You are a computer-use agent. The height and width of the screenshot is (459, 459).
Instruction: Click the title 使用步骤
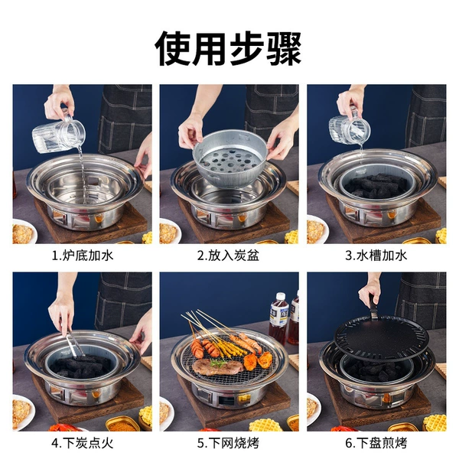click(x=228, y=49)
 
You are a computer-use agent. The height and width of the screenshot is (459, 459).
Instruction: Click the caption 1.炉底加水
click(x=83, y=256)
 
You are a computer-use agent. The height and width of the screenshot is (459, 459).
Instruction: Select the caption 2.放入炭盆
click(x=228, y=256)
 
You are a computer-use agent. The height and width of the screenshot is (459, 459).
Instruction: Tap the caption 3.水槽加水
click(x=376, y=256)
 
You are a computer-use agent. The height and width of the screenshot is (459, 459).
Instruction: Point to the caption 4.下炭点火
click(x=83, y=443)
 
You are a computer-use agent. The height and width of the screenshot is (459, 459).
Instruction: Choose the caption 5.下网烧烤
click(x=228, y=443)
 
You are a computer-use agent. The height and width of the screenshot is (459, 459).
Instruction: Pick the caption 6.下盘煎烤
click(x=376, y=443)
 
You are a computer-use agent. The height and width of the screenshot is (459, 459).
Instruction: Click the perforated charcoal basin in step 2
click(x=230, y=159)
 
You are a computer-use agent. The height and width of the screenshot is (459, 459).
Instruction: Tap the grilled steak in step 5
click(x=216, y=366)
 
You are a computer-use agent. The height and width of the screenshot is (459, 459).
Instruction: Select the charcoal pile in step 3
click(x=376, y=184)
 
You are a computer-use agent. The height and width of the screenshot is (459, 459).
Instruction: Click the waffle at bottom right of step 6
click(x=435, y=422)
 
